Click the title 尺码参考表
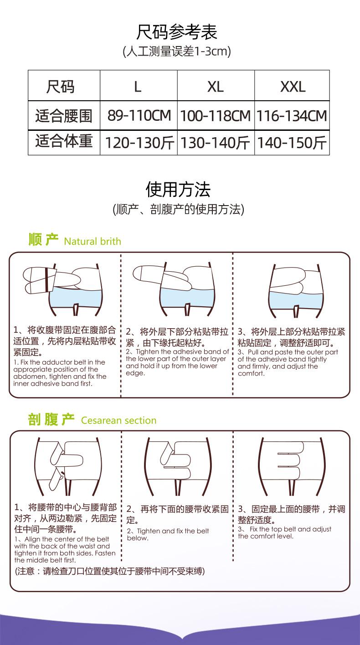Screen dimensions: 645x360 click(177, 32)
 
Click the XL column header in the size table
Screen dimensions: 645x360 click(216, 86)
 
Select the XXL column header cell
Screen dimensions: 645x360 click(292, 86)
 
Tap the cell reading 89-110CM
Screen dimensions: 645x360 click(139, 116)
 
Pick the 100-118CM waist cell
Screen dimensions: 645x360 click(216, 116)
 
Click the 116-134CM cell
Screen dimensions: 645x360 click(292, 116)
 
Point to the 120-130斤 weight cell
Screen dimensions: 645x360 click(139, 143)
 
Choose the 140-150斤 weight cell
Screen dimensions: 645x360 click(292, 143)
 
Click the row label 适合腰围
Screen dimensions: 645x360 click(64, 116)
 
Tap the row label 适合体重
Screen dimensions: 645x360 click(64, 142)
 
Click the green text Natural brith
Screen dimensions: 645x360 click(93, 241)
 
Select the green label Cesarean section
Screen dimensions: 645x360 click(118, 420)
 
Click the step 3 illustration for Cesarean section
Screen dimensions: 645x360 click(292, 465)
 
